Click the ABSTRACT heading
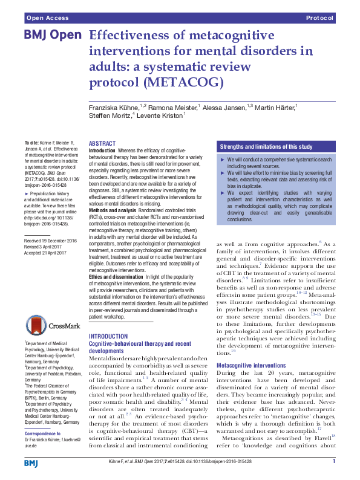click(102, 143)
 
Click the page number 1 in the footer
click(334, 462)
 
